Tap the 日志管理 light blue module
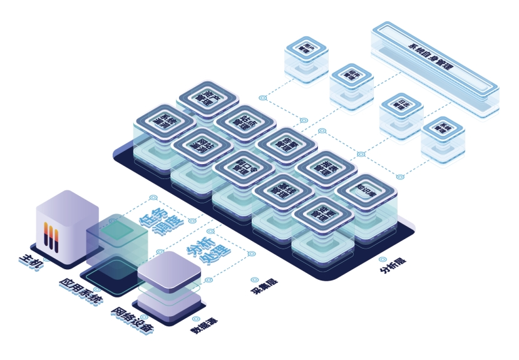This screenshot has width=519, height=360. [401, 106]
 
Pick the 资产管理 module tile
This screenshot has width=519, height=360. [208, 98]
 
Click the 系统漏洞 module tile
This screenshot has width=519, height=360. [166, 120]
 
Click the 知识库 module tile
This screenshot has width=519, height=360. [365, 190]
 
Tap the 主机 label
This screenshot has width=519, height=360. [33, 260]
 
